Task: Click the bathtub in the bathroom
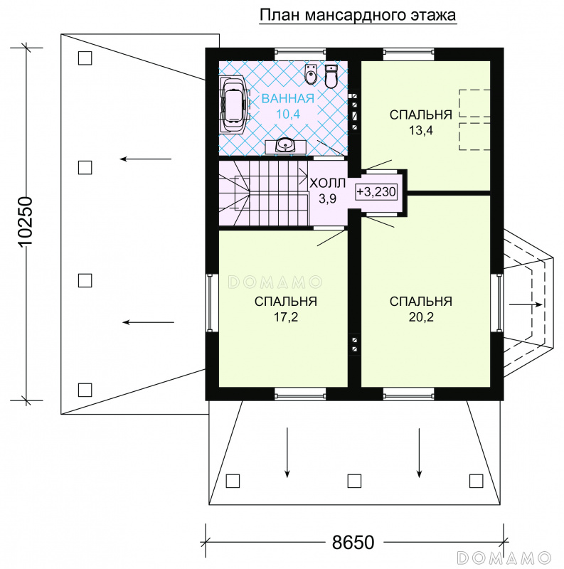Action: click(x=235, y=103)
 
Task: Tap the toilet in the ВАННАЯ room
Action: click(x=331, y=77)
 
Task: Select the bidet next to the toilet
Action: click(x=310, y=75)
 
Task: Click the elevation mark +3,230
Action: click(x=376, y=191)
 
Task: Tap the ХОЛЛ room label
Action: click(x=327, y=184)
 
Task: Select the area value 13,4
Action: click(x=421, y=130)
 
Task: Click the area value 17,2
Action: click(x=286, y=317)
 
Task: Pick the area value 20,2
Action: click(x=421, y=317)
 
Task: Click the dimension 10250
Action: click(x=25, y=223)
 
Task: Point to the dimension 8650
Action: click(x=353, y=543)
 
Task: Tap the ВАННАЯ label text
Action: click(x=288, y=98)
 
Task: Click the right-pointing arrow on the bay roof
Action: click(x=526, y=305)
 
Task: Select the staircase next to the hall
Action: click(x=263, y=193)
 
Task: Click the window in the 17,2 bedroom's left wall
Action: click(x=210, y=303)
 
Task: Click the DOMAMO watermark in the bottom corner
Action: click(x=504, y=558)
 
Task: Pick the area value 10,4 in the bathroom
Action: click(x=288, y=114)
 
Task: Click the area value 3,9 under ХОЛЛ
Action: click(x=327, y=198)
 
